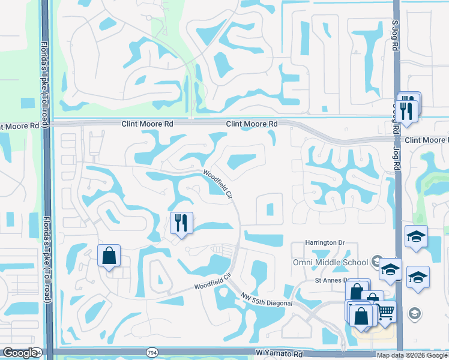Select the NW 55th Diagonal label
(267, 300)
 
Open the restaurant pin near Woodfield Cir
(181, 223)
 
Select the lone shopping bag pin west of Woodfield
(109, 256)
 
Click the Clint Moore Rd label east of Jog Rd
(426, 140)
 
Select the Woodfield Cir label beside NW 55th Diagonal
(212, 282)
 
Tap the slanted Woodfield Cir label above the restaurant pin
(217, 183)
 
